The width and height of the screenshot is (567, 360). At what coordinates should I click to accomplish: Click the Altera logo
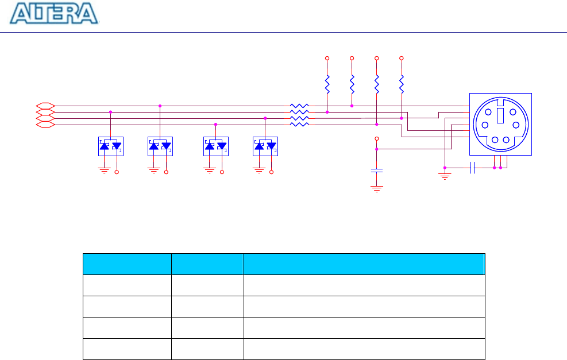click(55, 14)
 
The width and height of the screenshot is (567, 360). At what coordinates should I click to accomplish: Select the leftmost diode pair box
click(110, 146)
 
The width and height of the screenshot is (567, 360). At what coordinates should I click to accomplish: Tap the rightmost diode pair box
click(265, 146)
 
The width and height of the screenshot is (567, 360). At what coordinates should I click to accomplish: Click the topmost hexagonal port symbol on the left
click(45, 106)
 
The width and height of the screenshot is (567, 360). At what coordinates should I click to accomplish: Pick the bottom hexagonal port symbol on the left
click(45, 124)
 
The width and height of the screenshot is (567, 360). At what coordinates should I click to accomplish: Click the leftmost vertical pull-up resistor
click(327, 85)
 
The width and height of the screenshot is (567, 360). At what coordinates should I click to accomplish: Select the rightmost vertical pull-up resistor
click(401, 85)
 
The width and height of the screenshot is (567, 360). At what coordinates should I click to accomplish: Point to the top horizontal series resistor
click(299, 106)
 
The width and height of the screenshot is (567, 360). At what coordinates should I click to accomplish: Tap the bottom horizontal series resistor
click(299, 124)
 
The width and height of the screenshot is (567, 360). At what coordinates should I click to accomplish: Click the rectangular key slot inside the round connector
click(500, 116)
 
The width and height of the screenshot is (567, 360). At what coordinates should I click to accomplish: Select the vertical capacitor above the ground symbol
click(377, 171)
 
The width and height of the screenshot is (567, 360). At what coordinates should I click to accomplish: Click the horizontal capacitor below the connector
click(472, 168)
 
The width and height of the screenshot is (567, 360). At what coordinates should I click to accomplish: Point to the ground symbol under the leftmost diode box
click(104, 170)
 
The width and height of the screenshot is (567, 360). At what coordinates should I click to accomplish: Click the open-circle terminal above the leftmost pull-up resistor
click(327, 59)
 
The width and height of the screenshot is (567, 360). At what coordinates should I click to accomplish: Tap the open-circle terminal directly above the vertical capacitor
click(377, 139)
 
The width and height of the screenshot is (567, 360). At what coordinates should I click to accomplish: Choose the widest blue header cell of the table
click(364, 264)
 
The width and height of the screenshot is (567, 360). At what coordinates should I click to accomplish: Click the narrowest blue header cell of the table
click(207, 264)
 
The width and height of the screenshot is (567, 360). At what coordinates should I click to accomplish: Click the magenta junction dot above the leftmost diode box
click(110, 112)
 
